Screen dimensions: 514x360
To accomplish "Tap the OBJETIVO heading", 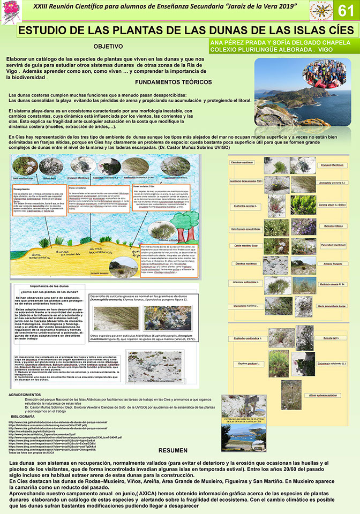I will click(108, 47).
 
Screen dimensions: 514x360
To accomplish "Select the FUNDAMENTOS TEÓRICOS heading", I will click(173, 82).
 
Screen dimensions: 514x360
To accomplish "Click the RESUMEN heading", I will click(173, 450).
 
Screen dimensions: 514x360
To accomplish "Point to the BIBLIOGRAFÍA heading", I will click(22, 416).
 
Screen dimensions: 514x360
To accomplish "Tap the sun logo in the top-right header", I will click(324, 11).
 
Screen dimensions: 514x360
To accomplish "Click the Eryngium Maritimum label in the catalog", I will click(332, 165).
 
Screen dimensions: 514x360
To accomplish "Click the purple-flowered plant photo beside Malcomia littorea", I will click(303, 226).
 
